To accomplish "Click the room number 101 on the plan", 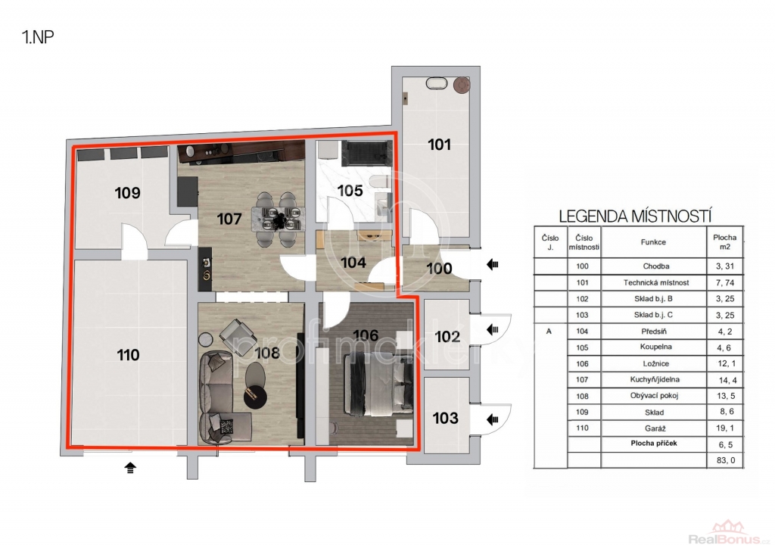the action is [x=440, y=145].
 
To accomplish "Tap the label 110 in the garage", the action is [x=128, y=355].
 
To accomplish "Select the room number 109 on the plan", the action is [x=127, y=193].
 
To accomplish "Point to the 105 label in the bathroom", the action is [x=350, y=190].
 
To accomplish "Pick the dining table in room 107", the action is [x=278, y=220].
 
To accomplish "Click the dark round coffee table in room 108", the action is [x=256, y=397].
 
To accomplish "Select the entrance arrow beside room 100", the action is [x=492, y=265].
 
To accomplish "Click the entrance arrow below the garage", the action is [x=130, y=468].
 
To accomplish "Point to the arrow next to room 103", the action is [x=492, y=419].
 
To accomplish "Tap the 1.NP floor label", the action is [x=38, y=37].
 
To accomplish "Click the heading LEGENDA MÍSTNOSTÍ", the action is [x=635, y=216].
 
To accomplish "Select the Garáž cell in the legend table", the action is [x=655, y=428].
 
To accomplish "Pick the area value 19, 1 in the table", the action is [x=725, y=428].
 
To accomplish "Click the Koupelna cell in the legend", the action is [x=655, y=347].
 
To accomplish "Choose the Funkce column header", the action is [x=653, y=242].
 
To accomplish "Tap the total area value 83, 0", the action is [x=726, y=460].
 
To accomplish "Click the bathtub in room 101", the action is [x=437, y=83].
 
